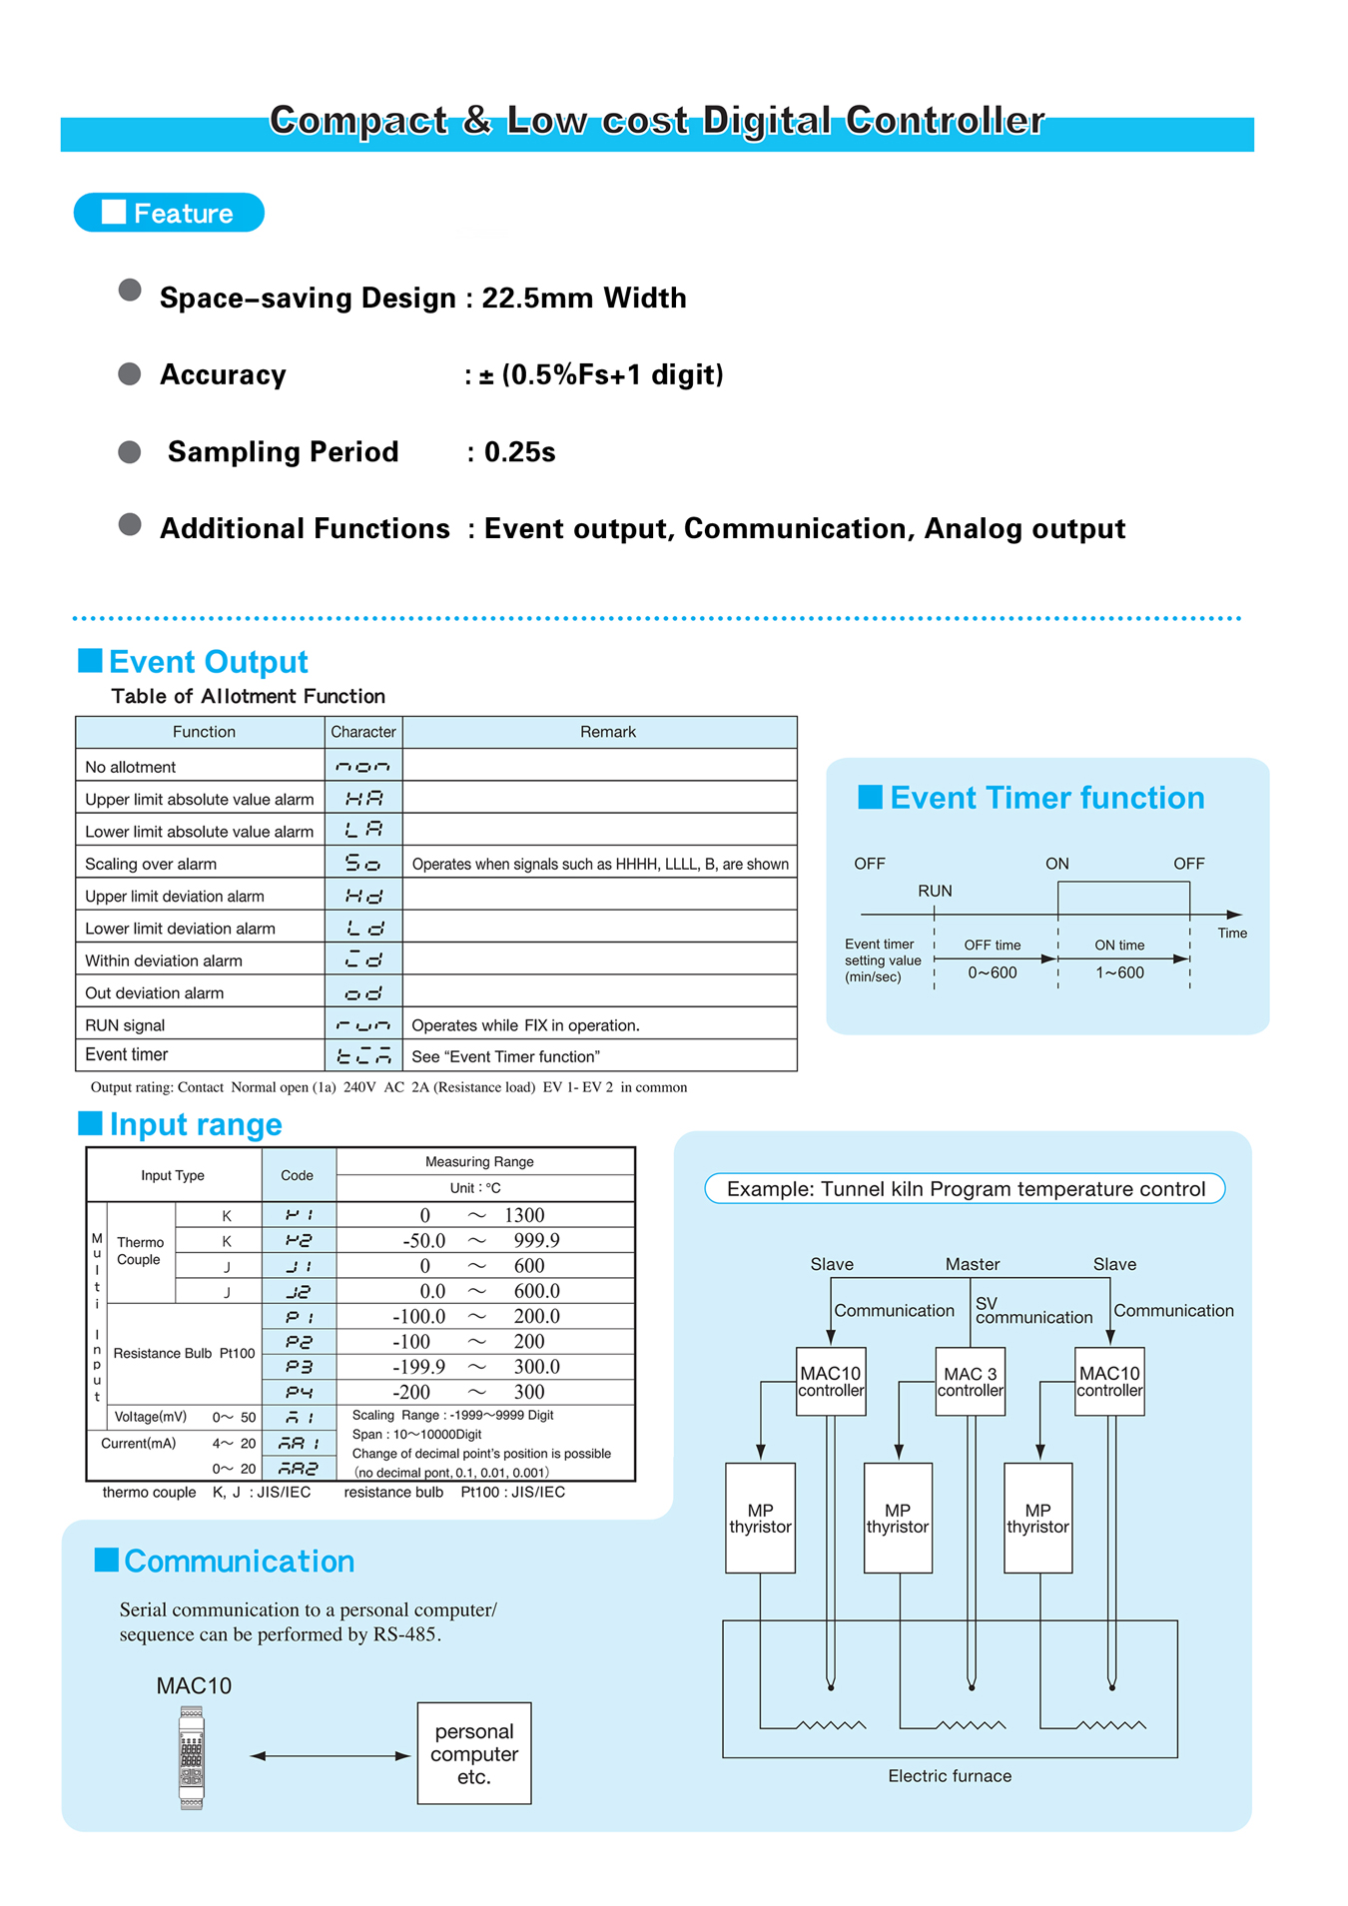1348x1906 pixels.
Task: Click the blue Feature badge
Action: (169, 213)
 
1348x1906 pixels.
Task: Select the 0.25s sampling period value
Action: (519, 452)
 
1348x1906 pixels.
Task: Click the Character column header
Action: (363, 732)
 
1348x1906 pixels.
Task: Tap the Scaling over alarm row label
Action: (151, 864)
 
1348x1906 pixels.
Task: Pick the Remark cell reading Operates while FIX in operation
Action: (525, 1025)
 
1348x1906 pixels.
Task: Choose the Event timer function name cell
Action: (127, 1054)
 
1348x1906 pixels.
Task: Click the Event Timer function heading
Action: (1046, 798)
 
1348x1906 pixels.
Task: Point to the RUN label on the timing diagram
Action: (935, 891)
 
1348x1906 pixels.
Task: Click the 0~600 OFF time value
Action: (992, 972)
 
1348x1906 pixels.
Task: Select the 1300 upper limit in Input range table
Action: (524, 1215)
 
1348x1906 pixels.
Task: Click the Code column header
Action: (298, 1175)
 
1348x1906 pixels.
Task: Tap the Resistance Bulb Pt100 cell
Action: (184, 1353)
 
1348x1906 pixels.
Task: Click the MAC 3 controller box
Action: (971, 1382)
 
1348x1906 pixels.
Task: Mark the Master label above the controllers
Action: (973, 1264)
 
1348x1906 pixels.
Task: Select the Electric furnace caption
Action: (950, 1775)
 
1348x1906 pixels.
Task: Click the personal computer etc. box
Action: (474, 1753)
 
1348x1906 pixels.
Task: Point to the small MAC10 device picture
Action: (192, 1757)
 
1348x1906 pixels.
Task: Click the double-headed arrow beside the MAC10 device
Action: (330, 1755)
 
